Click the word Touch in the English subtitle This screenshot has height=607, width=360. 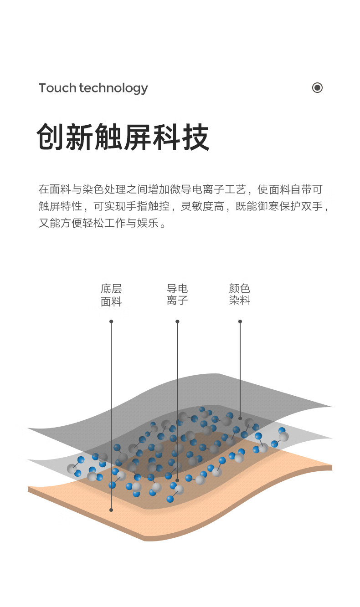click(x=57, y=88)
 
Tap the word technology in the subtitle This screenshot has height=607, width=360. click(x=113, y=88)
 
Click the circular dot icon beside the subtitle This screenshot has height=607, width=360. click(x=317, y=87)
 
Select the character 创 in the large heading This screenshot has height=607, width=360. click(x=51, y=137)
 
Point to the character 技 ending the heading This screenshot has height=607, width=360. click(x=195, y=137)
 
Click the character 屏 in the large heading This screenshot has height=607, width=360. click(x=138, y=137)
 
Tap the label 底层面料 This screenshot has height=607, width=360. click(x=111, y=295)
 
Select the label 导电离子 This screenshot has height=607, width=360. click(x=177, y=295)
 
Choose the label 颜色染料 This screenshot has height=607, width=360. click(x=239, y=295)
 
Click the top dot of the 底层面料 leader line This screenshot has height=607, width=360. click(x=111, y=321)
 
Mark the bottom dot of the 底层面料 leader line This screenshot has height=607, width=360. click(x=111, y=510)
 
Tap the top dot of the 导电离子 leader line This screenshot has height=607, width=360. click(x=177, y=321)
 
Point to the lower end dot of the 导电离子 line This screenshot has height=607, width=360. click(x=177, y=480)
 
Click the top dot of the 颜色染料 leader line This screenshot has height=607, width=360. click(x=240, y=321)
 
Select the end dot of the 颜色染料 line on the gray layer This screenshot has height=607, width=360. click(x=240, y=418)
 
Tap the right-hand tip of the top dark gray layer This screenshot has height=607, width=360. click(x=331, y=407)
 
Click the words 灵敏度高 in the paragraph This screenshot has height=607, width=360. click(x=202, y=206)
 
